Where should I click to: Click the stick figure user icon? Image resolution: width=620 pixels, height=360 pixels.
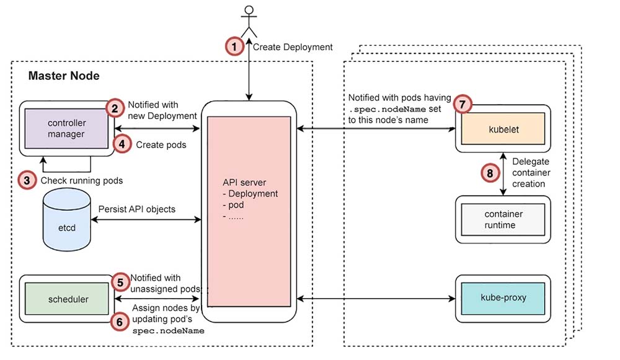[249, 21]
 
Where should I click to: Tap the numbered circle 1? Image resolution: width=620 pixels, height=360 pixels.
[233, 46]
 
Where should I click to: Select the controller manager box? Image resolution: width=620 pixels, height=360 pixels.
[67, 128]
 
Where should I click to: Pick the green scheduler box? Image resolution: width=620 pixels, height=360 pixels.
[68, 299]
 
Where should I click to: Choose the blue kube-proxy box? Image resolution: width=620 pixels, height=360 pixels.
[503, 297]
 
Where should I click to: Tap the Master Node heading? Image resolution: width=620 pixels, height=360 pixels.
[64, 76]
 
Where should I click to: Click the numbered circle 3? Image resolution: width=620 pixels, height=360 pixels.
[26, 180]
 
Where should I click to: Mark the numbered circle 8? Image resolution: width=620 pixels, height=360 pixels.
[489, 173]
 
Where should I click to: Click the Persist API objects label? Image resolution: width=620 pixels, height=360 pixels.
[136, 209]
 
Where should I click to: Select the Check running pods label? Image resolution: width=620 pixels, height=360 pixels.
[81, 181]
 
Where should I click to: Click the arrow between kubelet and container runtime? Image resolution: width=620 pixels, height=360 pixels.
[503, 173]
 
